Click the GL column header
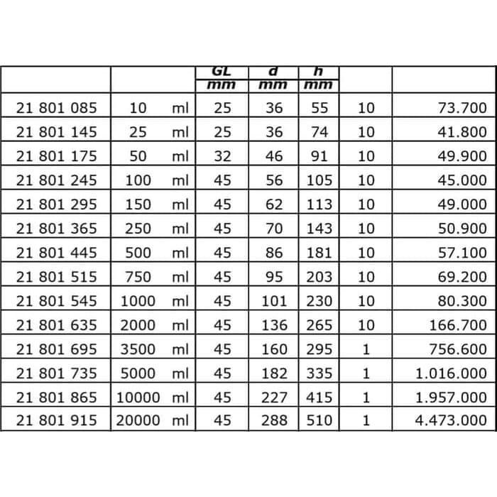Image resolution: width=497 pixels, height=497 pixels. tap(222, 72)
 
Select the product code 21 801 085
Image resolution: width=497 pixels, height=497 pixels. tap(55, 108)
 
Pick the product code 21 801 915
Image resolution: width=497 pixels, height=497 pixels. tap(55, 420)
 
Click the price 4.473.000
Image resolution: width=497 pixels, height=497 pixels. tap(451, 420)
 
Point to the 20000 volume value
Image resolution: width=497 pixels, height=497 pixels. tap(138, 420)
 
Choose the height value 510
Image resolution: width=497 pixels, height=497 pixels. tap(319, 420)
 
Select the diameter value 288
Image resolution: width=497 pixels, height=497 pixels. tap(274, 420)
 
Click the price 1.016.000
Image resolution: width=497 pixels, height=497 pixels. tap(451, 373)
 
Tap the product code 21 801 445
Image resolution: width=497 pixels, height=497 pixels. tap(55, 252)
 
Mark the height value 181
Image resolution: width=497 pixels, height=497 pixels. tap(319, 252)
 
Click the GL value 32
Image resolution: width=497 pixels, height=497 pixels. tap(222, 156)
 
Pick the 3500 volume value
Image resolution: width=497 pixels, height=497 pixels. tap(138, 349)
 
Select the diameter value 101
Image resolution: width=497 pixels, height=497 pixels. tap(274, 300)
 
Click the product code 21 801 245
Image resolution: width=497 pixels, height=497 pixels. tap(55, 180)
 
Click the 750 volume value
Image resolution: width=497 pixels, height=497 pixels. tap(138, 276)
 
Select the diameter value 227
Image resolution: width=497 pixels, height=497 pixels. tap(274, 397)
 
